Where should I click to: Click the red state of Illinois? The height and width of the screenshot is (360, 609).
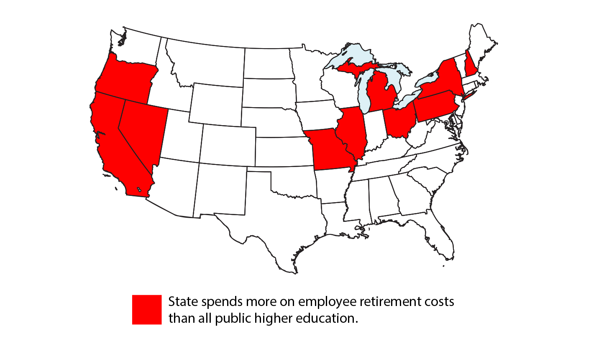tap(353, 130)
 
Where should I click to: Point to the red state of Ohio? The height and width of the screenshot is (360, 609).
tap(399, 121)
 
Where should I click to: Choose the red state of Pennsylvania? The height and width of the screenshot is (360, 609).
tap(435, 107)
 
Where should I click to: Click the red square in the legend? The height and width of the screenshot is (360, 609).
tap(147, 309)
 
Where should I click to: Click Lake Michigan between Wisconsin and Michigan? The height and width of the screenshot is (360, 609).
tap(363, 90)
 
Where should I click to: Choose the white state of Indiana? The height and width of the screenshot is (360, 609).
tap(374, 130)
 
